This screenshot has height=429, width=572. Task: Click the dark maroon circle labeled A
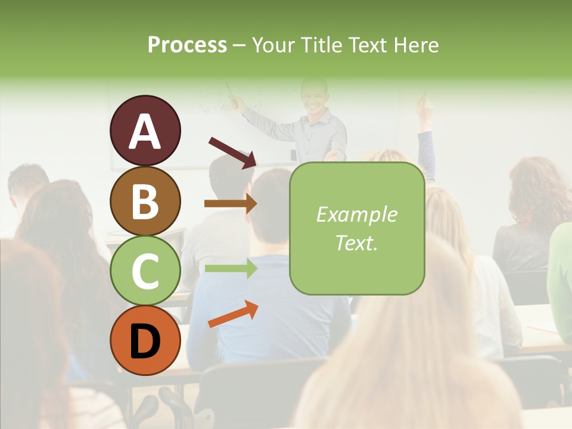145,130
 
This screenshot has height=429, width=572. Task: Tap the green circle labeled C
145,271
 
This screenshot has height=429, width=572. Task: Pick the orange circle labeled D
145,340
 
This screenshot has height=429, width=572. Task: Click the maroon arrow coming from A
232,152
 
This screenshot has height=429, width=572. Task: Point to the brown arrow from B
230,204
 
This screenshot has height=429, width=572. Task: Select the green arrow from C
230,268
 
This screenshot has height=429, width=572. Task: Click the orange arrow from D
233,314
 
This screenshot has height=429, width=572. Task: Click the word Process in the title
187,45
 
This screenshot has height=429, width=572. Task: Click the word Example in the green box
356,214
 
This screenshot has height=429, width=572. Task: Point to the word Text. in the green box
356,243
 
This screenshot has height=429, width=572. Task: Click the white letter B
145,201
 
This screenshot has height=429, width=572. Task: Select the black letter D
145,341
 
